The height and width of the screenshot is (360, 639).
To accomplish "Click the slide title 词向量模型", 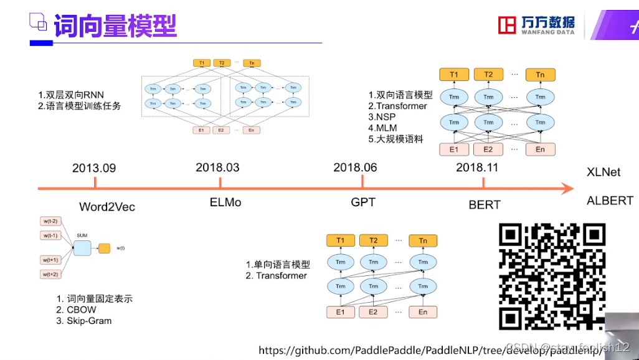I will click(x=115, y=26).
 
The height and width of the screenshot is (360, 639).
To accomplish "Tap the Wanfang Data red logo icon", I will click(x=508, y=25).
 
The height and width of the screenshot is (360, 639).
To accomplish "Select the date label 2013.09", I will click(x=94, y=168).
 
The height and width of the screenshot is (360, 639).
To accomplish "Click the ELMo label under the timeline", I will click(x=225, y=202).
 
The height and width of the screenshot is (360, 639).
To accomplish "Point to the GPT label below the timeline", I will click(x=363, y=202).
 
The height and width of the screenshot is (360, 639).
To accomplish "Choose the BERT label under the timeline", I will click(x=485, y=204).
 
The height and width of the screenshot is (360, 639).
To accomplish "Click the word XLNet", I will click(x=603, y=172).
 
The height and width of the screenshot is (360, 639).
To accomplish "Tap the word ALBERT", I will click(x=610, y=201).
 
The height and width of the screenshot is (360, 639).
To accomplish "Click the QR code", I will click(x=552, y=277).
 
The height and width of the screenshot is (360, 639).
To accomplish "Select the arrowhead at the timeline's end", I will click(x=566, y=188).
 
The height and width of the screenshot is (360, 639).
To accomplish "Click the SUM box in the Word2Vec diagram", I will click(x=82, y=247).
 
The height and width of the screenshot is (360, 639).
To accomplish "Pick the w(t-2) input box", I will click(x=50, y=221).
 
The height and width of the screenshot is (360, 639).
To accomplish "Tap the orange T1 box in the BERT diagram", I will click(x=454, y=75).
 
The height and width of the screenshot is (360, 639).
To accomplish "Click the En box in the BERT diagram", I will click(x=540, y=149).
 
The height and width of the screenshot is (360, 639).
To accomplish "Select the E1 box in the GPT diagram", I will click(x=340, y=311).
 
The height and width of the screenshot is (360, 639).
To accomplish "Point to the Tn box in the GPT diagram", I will click(x=423, y=240).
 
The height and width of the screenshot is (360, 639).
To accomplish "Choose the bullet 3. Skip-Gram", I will click(x=84, y=321).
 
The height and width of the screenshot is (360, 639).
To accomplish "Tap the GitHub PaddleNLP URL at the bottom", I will click(x=430, y=351).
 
